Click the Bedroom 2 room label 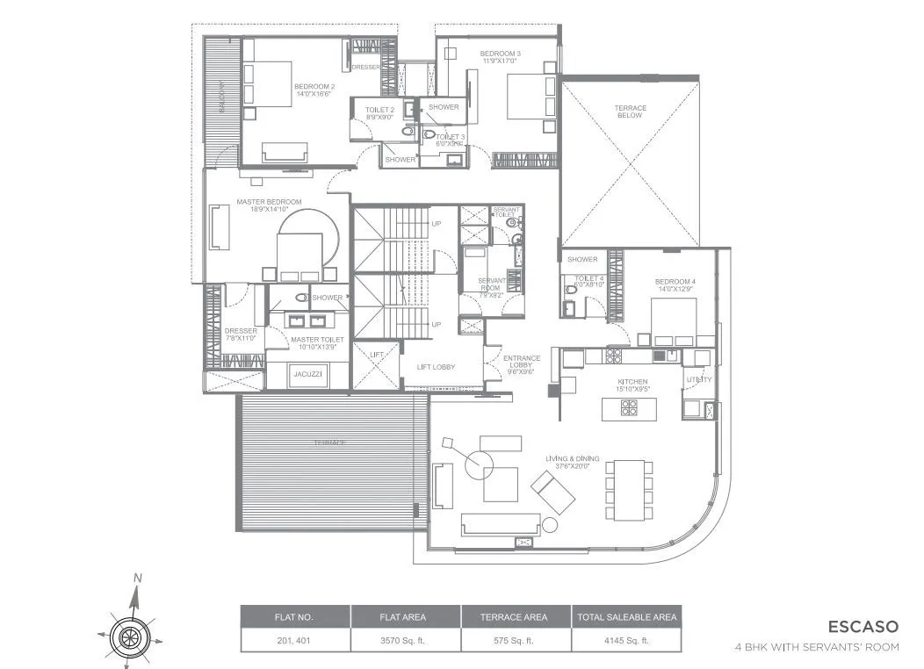point(314,89)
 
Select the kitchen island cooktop point(630,408)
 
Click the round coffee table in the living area point(480,464)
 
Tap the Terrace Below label point(630,112)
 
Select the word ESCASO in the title point(863,627)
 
